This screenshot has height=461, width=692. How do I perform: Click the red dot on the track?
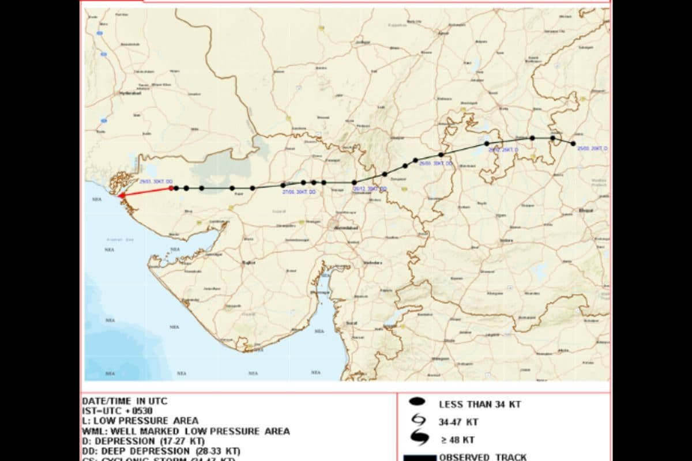[x=171, y=188]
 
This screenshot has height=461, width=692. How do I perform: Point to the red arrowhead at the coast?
[x=121, y=196]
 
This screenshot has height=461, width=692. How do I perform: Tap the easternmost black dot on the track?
[x=573, y=143]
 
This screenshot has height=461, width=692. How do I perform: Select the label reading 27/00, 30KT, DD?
[x=299, y=192]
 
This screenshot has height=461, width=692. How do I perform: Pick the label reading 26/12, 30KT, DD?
[x=370, y=189]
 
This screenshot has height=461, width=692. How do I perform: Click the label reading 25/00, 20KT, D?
[x=592, y=149]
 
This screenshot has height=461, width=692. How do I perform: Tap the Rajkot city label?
[x=249, y=262]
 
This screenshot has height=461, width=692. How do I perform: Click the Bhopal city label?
[x=586, y=210]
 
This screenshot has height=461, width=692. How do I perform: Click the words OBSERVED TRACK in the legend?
[x=483, y=457]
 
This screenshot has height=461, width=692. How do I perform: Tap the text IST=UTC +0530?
[x=117, y=411]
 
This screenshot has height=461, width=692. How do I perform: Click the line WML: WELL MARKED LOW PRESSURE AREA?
[x=186, y=431]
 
